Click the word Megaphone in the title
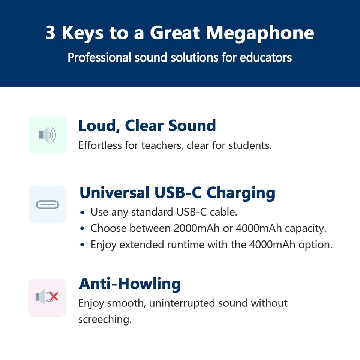pos(259,33)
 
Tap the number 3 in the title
pos(50,33)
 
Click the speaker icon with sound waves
pos(47,135)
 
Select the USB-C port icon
pos(47,204)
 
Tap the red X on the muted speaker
pos(54,297)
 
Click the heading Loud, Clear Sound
pos(147,126)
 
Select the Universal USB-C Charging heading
pos(177,193)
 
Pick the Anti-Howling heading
pos(130,284)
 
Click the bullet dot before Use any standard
pos(83,213)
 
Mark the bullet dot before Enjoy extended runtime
pos(83,245)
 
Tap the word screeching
pos(105,319)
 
